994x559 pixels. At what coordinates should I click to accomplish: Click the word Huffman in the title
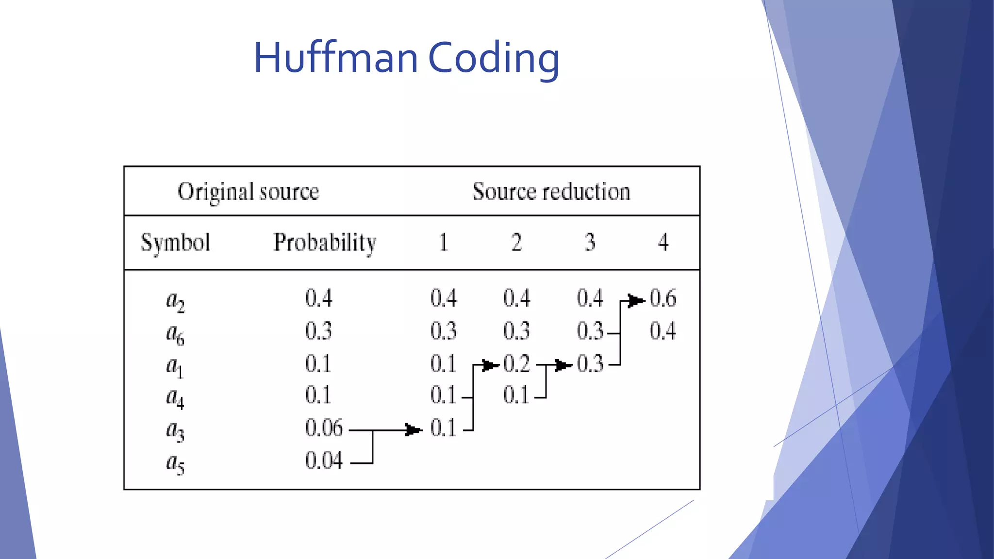pos(335,58)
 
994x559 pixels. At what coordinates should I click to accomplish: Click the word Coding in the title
pos(494,59)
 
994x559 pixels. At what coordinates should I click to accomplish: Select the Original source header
pos(248,192)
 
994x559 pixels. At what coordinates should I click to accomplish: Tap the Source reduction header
pos(551,191)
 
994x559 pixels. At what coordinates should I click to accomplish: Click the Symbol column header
pos(175,243)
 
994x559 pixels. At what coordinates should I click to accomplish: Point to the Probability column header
pos(325,243)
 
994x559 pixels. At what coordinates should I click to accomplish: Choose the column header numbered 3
pos(590,242)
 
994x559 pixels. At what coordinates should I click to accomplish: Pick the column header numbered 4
pos(663,242)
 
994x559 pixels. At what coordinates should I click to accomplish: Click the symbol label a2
pos(175,301)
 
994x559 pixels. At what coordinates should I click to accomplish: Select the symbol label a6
pos(175,334)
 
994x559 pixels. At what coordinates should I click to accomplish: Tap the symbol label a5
pos(175,463)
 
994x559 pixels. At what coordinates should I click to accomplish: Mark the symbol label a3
pos(175,431)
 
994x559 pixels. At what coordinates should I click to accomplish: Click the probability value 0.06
pos(324,428)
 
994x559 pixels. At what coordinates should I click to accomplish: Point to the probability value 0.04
pos(324,460)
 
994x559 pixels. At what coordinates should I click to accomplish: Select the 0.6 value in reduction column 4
pos(663,298)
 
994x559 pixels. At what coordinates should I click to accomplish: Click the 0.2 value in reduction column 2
pos(516,364)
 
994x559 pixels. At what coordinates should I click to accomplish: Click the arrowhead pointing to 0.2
pos(490,365)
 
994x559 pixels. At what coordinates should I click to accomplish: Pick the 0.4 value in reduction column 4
pos(663,331)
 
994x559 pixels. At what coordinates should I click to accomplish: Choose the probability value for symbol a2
pos(319,298)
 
